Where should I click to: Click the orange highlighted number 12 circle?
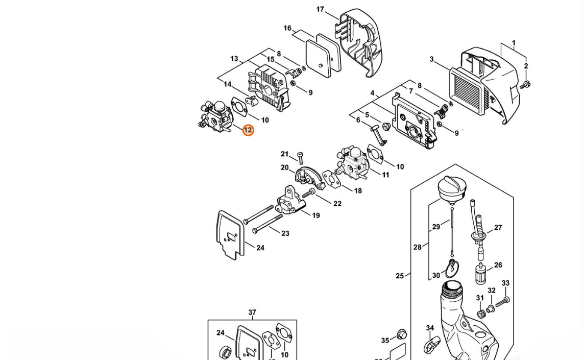[x=248, y=130]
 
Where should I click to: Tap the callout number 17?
[x=320, y=9]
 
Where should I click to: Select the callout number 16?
[x=287, y=28]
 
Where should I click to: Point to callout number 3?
[x=431, y=60]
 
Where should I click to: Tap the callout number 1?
[x=514, y=43]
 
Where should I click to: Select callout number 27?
[x=498, y=228]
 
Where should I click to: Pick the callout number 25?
[x=400, y=276]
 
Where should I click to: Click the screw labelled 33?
[x=502, y=302]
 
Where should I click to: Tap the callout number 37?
[x=252, y=312]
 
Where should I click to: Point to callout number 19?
[x=316, y=215]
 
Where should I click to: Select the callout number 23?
[x=285, y=233]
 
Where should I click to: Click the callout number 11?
[x=385, y=175]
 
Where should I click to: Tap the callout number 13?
[x=234, y=59]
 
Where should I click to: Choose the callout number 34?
[x=430, y=328]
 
